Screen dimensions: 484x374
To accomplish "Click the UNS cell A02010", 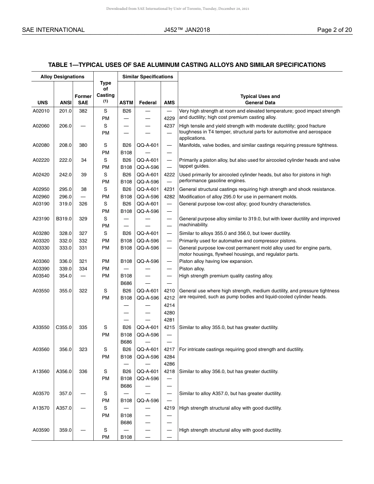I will pyautogui.click(x=41, y=111).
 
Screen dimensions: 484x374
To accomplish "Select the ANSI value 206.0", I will pyautogui.click(x=65, y=126).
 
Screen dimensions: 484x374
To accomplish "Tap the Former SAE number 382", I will pyautogui.click(x=83, y=111).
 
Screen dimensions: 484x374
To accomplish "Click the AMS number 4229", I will pyautogui.click(x=169, y=118).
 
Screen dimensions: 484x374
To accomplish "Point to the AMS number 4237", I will pyautogui.click(x=169, y=126).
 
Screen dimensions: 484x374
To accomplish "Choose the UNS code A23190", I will pyautogui.click(x=41, y=219).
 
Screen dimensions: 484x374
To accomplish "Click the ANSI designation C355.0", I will pyautogui.click(x=64, y=327).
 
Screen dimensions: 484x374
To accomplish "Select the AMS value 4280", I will pyautogui.click(x=169, y=313).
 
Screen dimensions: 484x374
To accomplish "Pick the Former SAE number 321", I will pyautogui.click(x=83, y=261).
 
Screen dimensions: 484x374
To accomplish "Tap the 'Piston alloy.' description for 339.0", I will pyautogui.click(x=192, y=269).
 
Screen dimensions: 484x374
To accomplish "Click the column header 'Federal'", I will pyautogui.click(x=148, y=103).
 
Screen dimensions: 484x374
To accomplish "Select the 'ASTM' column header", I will pyautogui.click(x=126, y=103).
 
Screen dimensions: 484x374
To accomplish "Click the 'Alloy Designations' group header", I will pyautogui.click(x=62, y=77).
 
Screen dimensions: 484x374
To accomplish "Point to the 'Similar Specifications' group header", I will pyautogui.click(x=148, y=77).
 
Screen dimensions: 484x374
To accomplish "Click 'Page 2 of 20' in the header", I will pyautogui.click(x=335, y=30).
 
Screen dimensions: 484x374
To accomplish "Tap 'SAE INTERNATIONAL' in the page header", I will pyautogui.click(x=53, y=30).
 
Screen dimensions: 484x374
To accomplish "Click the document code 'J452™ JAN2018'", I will pyautogui.click(x=187, y=30).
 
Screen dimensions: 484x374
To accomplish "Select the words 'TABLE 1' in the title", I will pyautogui.click(x=61, y=65).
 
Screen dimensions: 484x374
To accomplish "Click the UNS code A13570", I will pyautogui.click(x=41, y=408).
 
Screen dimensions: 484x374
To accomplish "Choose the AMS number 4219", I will pyautogui.click(x=169, y=408).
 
